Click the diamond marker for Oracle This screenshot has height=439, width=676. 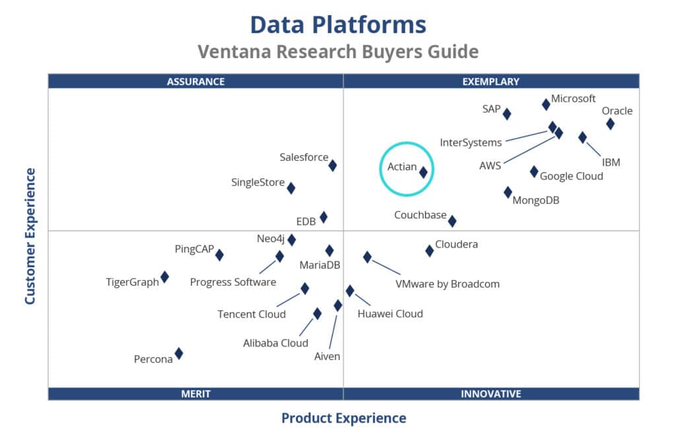click(610, 123)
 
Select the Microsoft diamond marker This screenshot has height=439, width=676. click(546, 104)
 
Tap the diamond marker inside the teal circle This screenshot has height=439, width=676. click(423, 171)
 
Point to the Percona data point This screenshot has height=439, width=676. click(178, 353)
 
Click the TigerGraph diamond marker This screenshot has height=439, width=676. click(164, 277)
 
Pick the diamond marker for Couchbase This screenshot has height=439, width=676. click(452, 220)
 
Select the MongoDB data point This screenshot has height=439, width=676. click(508, 192)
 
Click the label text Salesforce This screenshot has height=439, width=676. click(304, 157)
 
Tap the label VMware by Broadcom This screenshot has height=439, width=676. click(447, 284)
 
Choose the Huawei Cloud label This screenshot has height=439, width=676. click(389, 314)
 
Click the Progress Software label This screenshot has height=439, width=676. click(233, 282)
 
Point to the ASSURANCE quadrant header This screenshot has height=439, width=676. click(195, 82)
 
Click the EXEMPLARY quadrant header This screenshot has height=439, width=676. click(490, 82)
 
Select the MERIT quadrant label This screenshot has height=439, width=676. click(195, 393)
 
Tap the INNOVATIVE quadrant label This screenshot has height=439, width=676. click(490, 393)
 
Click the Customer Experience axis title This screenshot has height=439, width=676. click(30, 236)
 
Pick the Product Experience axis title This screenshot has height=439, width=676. click(343, 418)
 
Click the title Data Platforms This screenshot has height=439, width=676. click(338, 24)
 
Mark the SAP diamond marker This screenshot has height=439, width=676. click(506, 114)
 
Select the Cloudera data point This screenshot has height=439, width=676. click(429, 250)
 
